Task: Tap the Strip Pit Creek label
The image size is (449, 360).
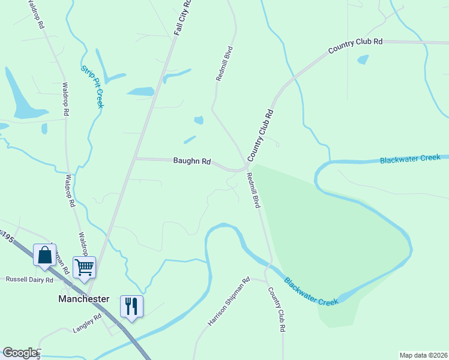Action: [92, 87]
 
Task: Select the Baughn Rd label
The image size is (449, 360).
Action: [192, 161]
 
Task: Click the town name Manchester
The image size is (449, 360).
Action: [83, 298]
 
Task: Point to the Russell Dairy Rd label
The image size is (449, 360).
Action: [29, 280]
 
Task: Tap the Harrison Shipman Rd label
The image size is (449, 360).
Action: [229, 301]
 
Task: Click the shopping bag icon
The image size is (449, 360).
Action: [44, 255]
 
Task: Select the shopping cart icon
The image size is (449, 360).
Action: [84, 266]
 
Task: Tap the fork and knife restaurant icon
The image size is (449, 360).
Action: [131, 305]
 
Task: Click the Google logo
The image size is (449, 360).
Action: [19, 353]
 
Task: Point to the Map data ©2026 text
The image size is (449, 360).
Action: [423, 355]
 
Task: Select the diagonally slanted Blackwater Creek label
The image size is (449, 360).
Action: [312, 291]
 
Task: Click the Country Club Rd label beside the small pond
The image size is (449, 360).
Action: [355, 46]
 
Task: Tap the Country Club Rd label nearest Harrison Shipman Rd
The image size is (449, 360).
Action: [276, 309]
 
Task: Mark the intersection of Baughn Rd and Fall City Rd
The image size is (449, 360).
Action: [136, 159]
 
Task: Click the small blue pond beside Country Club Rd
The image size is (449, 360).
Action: [363, 59]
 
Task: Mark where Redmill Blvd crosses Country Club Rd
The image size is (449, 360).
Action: [247, 166]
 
